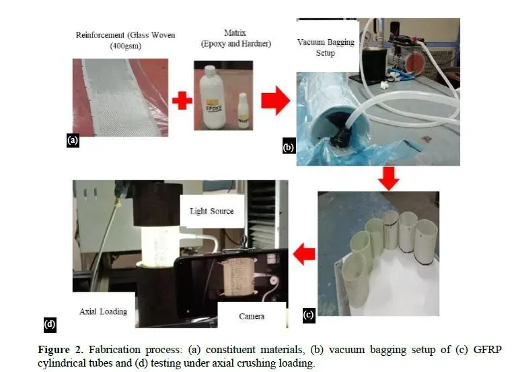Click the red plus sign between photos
coord(182,100)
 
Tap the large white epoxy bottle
coord(212,97)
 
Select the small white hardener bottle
coord(243,111)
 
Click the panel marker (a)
coord(73,141)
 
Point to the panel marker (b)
coord(289,147)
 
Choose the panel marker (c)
coord(309,315)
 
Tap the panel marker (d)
coord(50,324)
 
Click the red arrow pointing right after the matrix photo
coord(275,100)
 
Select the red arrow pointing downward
coord(388,179)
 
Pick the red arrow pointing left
coord(304,255)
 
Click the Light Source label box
coord(212,211)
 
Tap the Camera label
coord(252,316)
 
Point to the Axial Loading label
coord(103,311)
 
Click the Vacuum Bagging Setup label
coord(326,48)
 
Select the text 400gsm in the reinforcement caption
coord(126,46)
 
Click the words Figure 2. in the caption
coord(61,349)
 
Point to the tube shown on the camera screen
coord(237,276)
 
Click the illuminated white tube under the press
coord(161,245)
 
